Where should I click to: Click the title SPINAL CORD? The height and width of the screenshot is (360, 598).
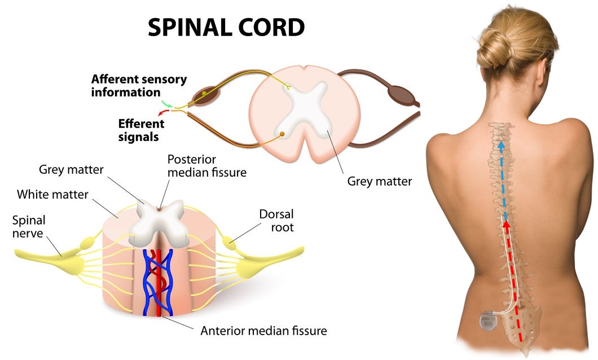tap(226, 27)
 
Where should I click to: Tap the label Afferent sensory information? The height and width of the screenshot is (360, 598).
tap(139, 85)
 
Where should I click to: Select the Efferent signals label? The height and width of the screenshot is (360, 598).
tap(141, 130)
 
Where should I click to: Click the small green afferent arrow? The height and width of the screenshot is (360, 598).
tap(167, 104)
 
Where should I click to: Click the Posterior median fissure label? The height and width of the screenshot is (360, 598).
tap(206, 166)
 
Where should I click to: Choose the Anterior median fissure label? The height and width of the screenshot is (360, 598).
tap(263, 330)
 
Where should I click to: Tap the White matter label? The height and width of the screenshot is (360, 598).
tap(52, 195)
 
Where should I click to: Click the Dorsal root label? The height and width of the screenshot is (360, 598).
tap(276, 221)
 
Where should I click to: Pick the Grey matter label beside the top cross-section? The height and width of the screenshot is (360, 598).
tap(379, 182)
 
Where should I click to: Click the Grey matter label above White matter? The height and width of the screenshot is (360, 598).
tap(71, 169)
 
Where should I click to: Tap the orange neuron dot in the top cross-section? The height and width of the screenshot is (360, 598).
tap(282, 134)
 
